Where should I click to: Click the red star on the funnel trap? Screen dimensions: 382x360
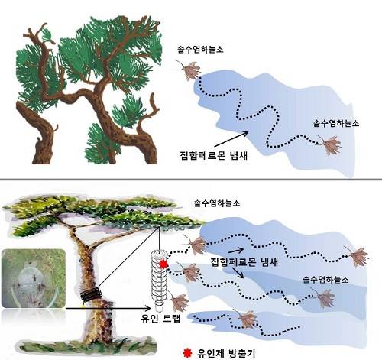click(x=163, y=264)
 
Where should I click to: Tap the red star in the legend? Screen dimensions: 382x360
click(x=187, y=353)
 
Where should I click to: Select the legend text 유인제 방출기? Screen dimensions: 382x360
click(x=226, y=353)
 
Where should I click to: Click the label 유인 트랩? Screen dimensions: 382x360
click(x=160, y=318)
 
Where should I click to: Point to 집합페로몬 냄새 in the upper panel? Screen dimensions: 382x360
click(x=213, y=155)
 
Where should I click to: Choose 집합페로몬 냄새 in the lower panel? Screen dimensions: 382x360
click(x=244, y=262)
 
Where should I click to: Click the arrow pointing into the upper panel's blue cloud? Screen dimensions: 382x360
click(x=231, y=139)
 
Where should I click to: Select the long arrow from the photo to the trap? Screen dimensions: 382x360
click(x=108, y=308)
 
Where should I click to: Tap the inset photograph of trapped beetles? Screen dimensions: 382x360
click(x=34, y=278)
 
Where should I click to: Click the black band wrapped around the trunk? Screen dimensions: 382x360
click(x=91, y=294)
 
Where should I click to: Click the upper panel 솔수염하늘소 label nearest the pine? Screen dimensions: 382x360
click(x=200, y=50)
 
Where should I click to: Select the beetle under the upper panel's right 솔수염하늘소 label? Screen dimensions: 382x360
click(x=330, y=145)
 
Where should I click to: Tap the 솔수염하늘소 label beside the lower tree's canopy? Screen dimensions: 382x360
click(x=217, y=203)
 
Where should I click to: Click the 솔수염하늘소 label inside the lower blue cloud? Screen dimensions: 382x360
click(x=325, y=280)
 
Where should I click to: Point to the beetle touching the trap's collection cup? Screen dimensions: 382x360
click(x=178, y=302)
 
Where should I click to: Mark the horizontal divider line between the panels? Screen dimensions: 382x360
click(x=191, y=180)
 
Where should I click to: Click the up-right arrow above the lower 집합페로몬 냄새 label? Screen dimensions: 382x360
click(x=237, y=250)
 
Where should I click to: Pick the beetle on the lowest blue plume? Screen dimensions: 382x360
click(x=245, y=319)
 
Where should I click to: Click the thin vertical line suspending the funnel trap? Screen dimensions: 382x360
click(x=159, y=238)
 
